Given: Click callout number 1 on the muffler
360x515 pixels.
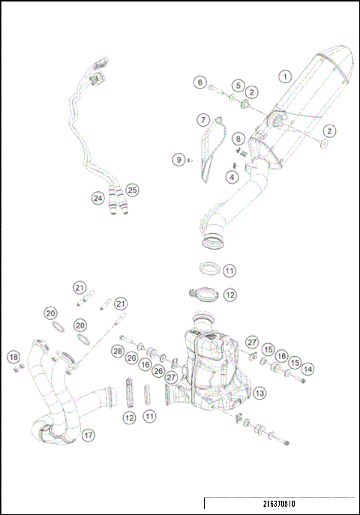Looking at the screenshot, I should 284,76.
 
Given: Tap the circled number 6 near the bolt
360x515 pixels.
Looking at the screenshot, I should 199,82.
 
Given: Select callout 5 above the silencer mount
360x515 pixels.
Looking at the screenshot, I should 237,85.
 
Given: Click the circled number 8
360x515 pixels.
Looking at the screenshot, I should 237,139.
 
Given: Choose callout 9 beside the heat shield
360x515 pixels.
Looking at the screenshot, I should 178,159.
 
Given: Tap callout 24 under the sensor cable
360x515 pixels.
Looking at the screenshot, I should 97,199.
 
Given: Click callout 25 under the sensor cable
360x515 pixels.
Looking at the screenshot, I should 132,190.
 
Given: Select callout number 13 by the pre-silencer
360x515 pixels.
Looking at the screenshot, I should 259,392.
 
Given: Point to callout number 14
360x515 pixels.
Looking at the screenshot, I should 308,369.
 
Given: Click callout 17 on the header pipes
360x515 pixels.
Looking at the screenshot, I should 88,434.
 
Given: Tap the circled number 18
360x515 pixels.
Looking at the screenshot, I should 13,356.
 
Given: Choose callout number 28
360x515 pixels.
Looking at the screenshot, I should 117,351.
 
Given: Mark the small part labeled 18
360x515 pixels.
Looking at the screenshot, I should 22,365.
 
